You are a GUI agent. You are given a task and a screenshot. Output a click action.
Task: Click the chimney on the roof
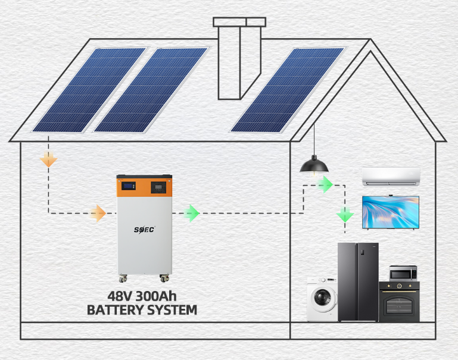pos(239,60)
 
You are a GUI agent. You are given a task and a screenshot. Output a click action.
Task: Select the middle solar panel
pos(151,89)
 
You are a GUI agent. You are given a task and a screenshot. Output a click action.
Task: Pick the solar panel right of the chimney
pos(288,89)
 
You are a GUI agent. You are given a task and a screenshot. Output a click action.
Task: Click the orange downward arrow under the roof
pos(48,159)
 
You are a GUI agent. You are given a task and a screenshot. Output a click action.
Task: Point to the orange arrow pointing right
pos(98,212)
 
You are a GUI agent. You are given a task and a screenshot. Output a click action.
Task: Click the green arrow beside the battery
pos(191,212)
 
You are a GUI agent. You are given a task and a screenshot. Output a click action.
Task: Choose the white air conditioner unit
pos(391,176)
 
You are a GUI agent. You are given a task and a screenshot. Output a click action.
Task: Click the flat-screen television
pos(391,211)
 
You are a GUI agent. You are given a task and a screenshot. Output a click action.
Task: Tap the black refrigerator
pos(357,281)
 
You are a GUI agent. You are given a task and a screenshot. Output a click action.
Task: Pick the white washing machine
pos(322,299)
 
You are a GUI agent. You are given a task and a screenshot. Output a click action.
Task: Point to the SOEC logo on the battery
pos(144,228)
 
